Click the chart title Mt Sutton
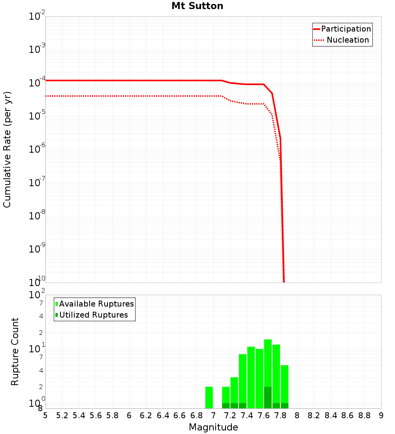pos(197,6)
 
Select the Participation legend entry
pos(346,29)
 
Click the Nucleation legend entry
pos(348,40)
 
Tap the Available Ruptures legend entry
pos(96,304)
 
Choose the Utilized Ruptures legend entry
pos(93,315)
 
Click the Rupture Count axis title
pos(15,351)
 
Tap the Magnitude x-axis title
pos(213,427)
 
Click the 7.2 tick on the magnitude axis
pos(230,415)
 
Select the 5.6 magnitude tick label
pos(96,415)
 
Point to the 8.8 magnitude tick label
pos(365,415)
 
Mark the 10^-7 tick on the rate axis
pos(37,182)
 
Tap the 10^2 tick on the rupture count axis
pos(37,294)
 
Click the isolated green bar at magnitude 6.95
pos(209,397)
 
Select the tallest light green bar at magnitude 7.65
pos(268,363)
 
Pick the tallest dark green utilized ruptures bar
pos(268,397)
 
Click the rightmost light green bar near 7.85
pos(284,385)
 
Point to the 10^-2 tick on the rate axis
pos(37,16)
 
